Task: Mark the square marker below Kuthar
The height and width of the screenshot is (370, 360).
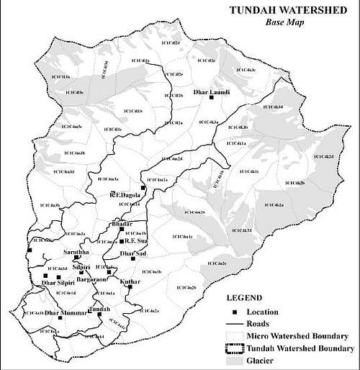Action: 130,287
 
